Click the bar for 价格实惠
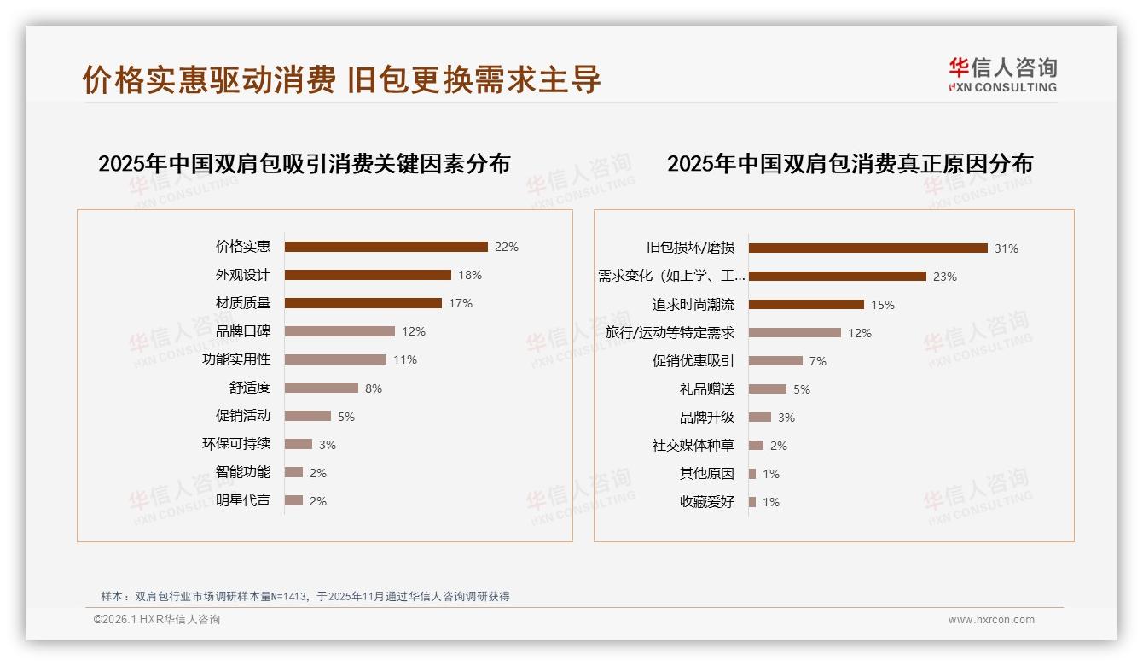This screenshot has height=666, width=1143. [x=386, y=247]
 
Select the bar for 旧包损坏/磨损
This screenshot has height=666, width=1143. [x=867, y=248]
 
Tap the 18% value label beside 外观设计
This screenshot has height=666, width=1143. [x=470, y=275]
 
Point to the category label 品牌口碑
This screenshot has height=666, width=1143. [x=243, y=331]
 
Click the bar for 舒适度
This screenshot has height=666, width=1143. [x=322, y=388]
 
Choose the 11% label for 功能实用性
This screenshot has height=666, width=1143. [x=405, y=359]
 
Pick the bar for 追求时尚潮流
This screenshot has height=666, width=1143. [x=806, y=305]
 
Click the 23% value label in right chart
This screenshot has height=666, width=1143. [x=945, y=277]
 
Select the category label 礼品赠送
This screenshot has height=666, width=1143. [x=707, y=389]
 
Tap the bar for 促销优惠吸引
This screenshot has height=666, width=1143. [x=775, y=361]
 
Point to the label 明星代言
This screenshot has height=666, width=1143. [x=243, y=500]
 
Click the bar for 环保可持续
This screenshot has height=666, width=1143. [x=299, y=444]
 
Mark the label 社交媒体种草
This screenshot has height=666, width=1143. [x=693, y=446]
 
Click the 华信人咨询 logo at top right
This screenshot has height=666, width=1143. [x=1002, y=75]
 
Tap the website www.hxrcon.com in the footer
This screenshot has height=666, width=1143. [x=991, y=620]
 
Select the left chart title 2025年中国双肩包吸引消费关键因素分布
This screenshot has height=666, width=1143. [x=305, y=164]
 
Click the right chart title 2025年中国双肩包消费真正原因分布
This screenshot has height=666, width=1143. [x=850, y=164]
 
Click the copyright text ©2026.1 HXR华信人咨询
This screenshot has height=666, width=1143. [x=157, y=620]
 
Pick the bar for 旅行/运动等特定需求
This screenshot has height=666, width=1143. [x=795, y=333]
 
